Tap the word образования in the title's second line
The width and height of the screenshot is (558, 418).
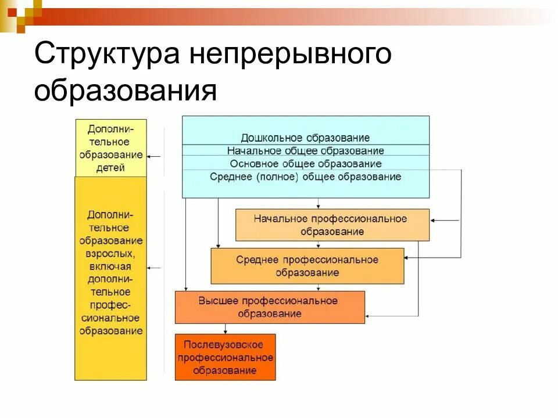(x=125, y=92)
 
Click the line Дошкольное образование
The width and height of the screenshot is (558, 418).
(x=305, y=138)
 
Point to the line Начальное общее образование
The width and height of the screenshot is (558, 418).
(x=305, y=151)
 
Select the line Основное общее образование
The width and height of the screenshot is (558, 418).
(x=305, y=164)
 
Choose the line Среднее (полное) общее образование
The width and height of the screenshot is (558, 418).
(x=305, y=176)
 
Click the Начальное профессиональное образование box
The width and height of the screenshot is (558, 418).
(x=332, y=225)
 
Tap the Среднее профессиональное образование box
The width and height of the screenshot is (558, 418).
(x=307, y=266)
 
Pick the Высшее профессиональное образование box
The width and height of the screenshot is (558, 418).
(x=270, y=307)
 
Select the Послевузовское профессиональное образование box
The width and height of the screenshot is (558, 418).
(x=225, y=357)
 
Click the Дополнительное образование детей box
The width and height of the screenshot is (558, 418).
(x=110, y=147)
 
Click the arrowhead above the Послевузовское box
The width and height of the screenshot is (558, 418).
(x=225, y=331)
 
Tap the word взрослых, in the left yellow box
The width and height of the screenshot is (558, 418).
(x=110, y=253)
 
